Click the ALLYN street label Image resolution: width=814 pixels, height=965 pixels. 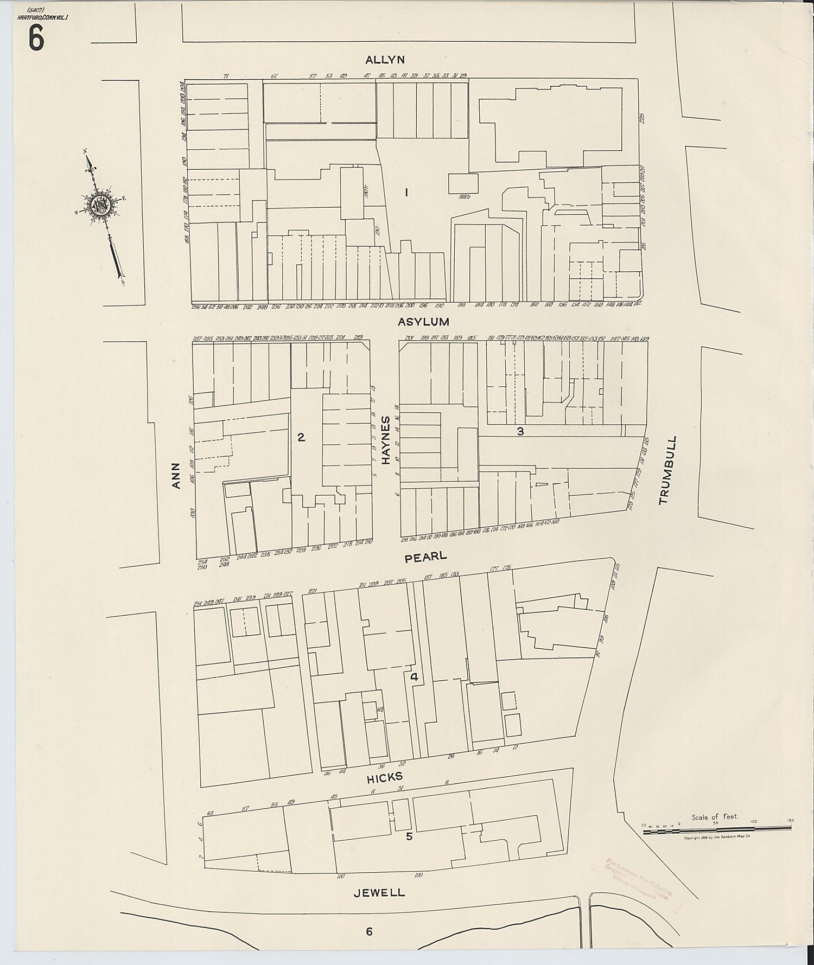[385, 60]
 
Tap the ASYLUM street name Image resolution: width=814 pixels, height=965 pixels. [423, 322]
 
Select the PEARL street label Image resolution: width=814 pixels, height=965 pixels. [426, 556]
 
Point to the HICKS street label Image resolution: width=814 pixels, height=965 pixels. [385, 778]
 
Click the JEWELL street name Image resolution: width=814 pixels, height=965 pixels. [379, 892]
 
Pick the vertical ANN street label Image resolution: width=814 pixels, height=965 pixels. [175, 475]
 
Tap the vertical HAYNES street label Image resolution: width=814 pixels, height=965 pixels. [386, 440]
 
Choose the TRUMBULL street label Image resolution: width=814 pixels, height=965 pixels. [668, 470]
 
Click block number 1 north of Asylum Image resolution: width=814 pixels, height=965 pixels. [406, 192]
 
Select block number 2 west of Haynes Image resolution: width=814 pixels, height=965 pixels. [301, 437]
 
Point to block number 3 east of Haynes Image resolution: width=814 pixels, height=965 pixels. [520, 431]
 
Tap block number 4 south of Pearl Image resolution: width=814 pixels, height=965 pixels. [414, 677]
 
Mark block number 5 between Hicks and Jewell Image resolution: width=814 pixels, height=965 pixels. [409, 836]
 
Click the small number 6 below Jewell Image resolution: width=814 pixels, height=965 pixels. [369, 931]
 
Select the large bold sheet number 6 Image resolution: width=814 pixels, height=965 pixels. [37, 39]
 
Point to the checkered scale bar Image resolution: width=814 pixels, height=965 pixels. [716, 828]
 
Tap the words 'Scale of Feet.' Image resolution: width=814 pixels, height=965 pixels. [715, 816]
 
